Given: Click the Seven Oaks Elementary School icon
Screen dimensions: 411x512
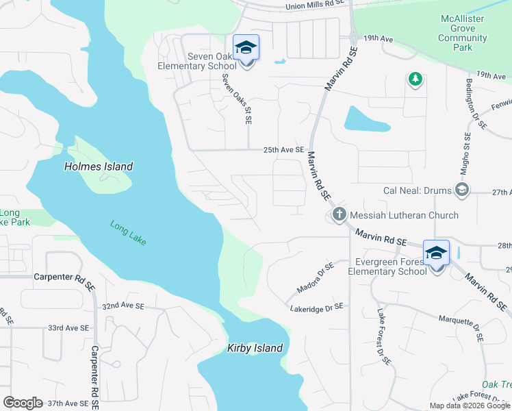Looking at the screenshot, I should click(x=246, y=48).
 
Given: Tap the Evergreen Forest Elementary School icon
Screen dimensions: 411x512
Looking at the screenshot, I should click(x=437, y=253).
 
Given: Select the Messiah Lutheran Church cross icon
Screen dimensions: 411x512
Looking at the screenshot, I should click(x=338, y=215).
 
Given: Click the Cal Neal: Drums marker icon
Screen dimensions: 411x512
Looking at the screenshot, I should click(x=462, y=190).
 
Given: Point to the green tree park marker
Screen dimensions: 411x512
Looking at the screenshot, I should click(x=415, y=80).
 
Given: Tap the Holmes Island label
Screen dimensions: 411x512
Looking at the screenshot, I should click(x=99, y=166).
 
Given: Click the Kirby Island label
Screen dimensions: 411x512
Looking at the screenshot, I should click(x=255, y=348).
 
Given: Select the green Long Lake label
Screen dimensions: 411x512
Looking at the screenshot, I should click(x=128, y=232).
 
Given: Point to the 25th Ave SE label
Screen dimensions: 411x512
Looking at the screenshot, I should click(x=284, y=150).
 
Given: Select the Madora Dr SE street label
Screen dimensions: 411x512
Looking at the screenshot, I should click(x=316, y=275).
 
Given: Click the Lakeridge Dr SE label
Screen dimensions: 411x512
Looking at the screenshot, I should click(x=316, y=308).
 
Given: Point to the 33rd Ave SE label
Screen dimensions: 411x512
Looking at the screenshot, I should click(x=68, y=328).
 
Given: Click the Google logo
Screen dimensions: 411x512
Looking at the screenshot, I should click(x=23, y=403).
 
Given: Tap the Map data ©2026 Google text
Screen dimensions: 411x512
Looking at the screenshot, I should click(x=469, y=405).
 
